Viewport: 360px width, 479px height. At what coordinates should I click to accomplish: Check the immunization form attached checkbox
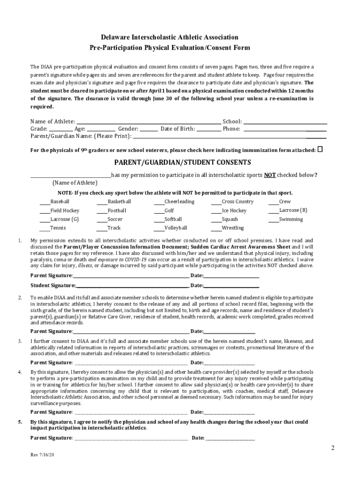[320, 150]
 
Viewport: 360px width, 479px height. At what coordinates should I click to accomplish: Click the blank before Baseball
[44, 202]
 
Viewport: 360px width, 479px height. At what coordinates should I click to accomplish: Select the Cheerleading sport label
[179, 202]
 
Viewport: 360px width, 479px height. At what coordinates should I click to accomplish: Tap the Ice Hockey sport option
[234, 210]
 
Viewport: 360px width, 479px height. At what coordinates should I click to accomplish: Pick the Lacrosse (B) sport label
[293, 210]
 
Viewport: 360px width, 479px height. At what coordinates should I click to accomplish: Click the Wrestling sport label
[232, 228]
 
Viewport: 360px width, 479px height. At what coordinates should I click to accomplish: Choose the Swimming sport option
[291, 219]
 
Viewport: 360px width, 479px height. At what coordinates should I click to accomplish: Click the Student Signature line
[132, 285]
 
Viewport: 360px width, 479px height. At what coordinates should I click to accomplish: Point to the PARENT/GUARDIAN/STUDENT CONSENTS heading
[183, 162]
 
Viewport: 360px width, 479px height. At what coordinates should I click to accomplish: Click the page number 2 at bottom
[332, 448]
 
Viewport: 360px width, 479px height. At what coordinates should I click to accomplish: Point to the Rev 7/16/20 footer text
[43, 455]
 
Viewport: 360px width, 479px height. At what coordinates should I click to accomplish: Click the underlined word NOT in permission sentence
[269, 175]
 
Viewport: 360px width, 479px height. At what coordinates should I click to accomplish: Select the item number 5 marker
[20, 422]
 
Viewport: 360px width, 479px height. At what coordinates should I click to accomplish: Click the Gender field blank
[149, 129]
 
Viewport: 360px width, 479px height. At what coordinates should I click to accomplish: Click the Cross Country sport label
[238, 202]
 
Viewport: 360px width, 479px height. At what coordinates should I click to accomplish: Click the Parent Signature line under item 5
[131, 438]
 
